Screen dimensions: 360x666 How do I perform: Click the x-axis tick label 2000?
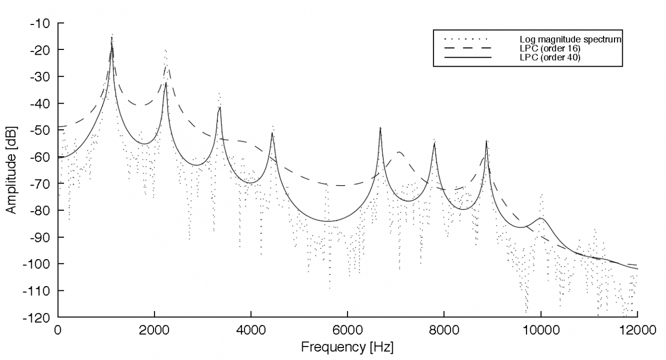click(154, 330)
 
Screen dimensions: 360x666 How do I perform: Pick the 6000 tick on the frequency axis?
click(347, 330)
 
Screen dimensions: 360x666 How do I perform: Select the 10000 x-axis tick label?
click(540, 330)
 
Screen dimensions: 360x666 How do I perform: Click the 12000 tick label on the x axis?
click(636, 330)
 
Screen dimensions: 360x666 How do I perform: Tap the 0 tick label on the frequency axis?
click(58, 330)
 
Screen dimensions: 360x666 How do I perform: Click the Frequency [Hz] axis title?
click(348, 346)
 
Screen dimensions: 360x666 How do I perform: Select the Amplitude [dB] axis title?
click(11, 170)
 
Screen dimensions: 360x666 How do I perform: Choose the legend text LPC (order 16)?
click(550, 48)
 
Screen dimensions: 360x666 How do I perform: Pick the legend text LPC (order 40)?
click(550, 57)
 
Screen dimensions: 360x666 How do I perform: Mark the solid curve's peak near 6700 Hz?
click(380, 128)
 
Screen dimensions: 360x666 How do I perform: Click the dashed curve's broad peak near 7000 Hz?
click(399, 152)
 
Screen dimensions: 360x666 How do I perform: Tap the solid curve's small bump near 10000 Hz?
click(541, 218)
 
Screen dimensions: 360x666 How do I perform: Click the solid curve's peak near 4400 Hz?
click(272, 134)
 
